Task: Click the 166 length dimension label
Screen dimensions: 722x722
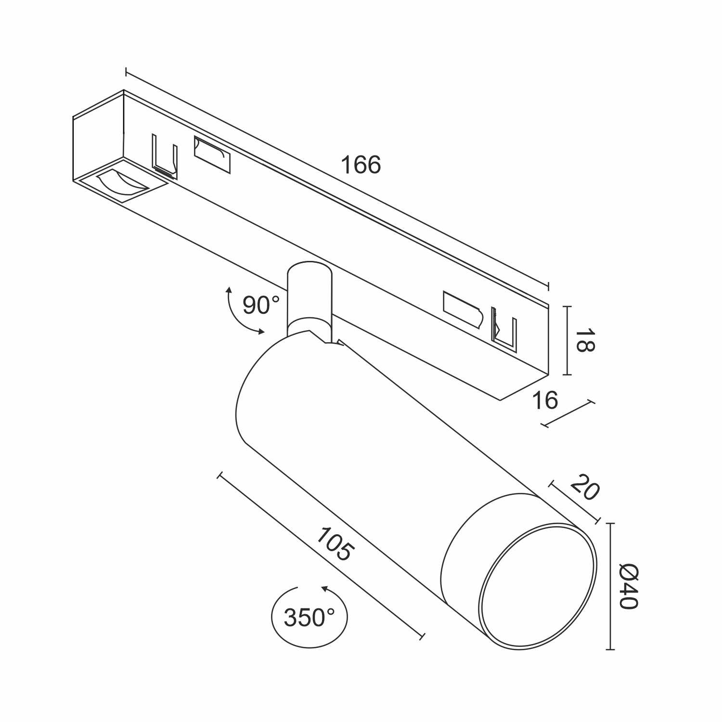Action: (361, 165)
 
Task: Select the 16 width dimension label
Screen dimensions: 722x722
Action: (545, 400)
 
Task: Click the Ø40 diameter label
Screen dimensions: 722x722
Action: (628, 586)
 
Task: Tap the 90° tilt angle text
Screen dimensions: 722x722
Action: (260, 305)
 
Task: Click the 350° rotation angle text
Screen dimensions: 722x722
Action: (309, 618)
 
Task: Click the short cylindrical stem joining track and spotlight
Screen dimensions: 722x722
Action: (309, 298)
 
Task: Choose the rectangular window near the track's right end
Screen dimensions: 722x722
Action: (462, 309)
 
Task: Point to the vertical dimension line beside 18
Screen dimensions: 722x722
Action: (568, 340)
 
